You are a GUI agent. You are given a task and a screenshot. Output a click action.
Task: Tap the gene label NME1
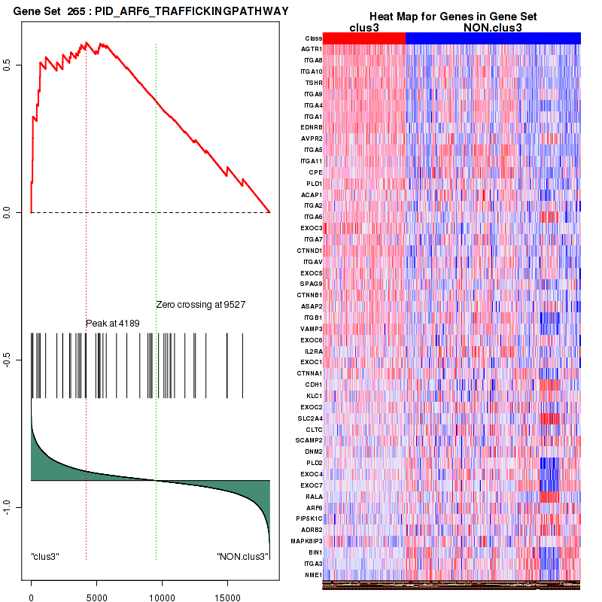pyautogui.click(x=313, y=575)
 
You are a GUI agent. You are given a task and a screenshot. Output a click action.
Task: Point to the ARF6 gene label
pyautogui.click(x=314, y=508)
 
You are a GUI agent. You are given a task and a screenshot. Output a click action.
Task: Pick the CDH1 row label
pyautogui.click(x=314, y=385)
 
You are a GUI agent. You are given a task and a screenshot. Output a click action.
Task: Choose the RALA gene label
pyautogui.click(x=314, y=497)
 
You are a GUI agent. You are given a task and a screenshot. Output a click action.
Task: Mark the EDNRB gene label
pyautogui.click(x=312, y=127)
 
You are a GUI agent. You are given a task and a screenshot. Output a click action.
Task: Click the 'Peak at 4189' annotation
pyautogui.click(x=112, y=324)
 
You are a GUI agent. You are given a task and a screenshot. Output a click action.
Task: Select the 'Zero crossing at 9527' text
pyautogui.click(x=201, y=305)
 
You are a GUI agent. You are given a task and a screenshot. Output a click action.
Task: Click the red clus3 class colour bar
pyautogui.click(x=364, y=38)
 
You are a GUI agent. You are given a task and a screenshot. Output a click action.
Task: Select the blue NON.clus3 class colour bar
pyautogui.click(x=493, y=38)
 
